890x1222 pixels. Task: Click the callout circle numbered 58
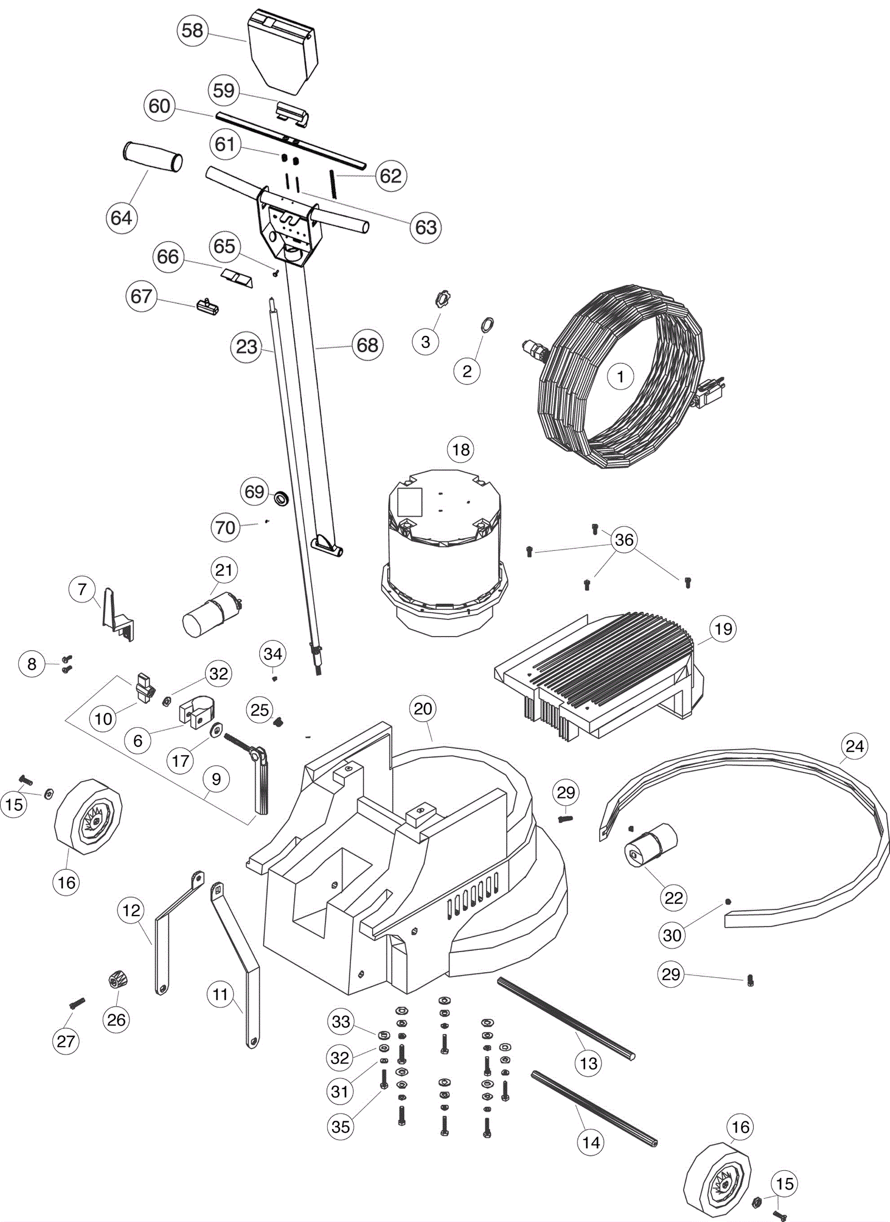coord(192,30)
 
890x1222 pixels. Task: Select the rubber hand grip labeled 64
coord(153,157)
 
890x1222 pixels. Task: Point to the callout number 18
coord(461,449)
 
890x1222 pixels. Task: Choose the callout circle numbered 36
coord(624,539)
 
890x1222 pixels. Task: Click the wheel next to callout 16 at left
coord(88,817)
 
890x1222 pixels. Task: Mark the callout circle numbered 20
coord(423,708)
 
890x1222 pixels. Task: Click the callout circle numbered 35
coord(340,1126)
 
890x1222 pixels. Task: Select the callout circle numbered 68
coord(367,345)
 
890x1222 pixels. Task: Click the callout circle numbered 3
coord(426,342)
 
